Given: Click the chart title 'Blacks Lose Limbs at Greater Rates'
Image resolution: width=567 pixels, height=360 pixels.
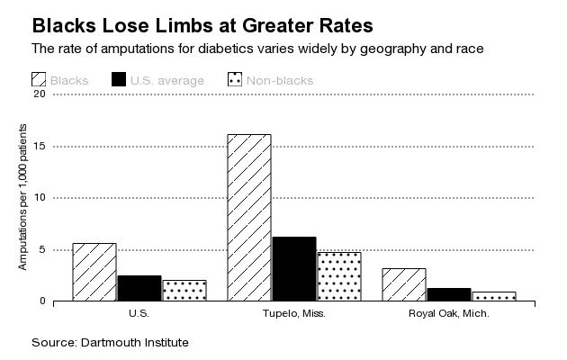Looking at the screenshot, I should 190,22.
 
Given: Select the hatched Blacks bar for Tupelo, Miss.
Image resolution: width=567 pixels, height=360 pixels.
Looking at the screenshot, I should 248,217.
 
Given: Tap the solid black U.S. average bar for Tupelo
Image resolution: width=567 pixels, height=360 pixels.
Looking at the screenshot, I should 293,268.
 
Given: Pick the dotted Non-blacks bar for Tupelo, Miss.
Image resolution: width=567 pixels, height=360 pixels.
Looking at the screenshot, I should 338,276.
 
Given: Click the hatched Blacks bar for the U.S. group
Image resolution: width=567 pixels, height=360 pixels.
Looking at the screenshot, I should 94,272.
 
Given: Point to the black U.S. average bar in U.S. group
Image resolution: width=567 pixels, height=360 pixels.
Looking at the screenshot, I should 139,288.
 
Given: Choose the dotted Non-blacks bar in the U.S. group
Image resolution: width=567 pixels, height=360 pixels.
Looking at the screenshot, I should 184,290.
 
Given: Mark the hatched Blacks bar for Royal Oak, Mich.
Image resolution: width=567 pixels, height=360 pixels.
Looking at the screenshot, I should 404,284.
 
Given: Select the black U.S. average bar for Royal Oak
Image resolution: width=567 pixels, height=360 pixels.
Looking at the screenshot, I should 449,294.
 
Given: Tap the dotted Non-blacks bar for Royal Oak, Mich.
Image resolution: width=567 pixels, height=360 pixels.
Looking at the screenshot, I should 493,296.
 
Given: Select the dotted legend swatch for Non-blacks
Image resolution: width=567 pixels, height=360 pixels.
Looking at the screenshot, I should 235,81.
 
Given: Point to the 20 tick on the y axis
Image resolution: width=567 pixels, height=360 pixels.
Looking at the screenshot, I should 39,94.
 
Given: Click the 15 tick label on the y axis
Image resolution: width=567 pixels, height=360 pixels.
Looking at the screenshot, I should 39,146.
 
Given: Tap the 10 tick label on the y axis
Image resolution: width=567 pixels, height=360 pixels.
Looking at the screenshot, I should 39,198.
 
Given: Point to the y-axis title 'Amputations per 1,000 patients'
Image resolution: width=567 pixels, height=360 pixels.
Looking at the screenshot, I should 23,198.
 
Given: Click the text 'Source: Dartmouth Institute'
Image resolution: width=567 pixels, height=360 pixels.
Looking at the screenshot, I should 111,343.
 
